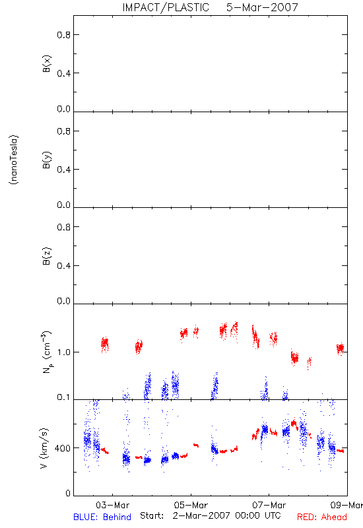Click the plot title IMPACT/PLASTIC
166,7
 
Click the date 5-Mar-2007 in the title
262,7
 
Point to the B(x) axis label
46,63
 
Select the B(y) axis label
46,159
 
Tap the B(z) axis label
46,256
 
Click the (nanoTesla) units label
14,160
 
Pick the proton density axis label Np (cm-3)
46,352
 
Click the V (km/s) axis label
44,448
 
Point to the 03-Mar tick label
112,505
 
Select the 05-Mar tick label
191,505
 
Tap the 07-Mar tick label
269,505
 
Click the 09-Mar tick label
347,505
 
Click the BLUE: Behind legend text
102,517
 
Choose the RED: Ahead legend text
322,517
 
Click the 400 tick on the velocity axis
63,448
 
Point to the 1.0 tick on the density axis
64,352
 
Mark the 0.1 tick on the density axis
64,397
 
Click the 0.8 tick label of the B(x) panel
64,35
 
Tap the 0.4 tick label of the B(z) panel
64,266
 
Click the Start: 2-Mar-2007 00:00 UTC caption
211,515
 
